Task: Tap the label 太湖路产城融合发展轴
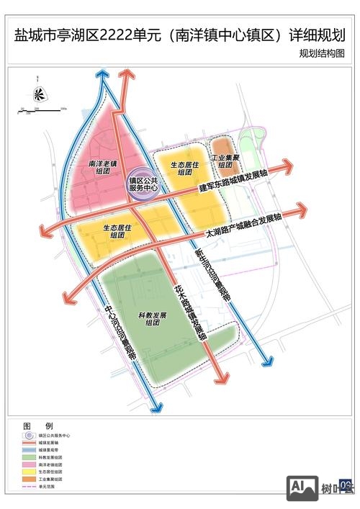[243, 227]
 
